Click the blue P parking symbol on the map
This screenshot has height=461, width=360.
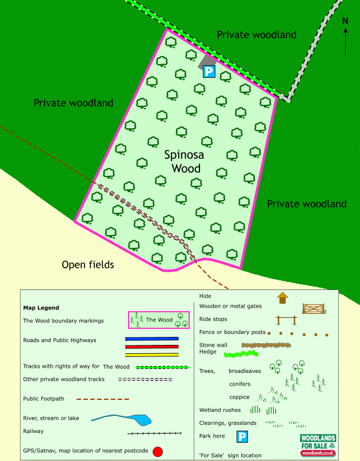click(x=209, y=71)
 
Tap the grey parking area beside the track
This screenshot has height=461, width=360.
click(x=207, y=62)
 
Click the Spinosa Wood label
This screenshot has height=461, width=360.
click(x=184, y=162)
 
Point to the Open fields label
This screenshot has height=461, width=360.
click(x=88, y=265)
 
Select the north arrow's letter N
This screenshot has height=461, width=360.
click(x=345, y=21)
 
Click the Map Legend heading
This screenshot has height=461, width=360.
click(x=41, y=308)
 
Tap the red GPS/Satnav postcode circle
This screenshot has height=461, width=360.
click(x=158, y=451)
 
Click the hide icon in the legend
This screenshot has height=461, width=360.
click(x=282, y=298)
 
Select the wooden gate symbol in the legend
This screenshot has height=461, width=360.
click(x=314, y=309)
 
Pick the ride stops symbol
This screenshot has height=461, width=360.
click(x=286, y=320)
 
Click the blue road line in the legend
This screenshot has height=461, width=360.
click(x=152, y=339)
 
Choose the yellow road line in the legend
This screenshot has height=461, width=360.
click(x=152, y=355)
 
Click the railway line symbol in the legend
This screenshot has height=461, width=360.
click(x=154, y=433)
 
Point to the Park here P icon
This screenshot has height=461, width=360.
click(x=242, y=436)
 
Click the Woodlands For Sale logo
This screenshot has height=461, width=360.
click(x=318, y=446)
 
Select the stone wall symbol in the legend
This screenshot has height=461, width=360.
click(x=266, y=345)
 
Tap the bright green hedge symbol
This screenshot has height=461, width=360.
click(x=241, y=353)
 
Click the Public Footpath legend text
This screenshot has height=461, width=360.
click(x=44, y=399)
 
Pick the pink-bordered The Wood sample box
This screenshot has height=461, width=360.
click(x=159, y=320)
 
